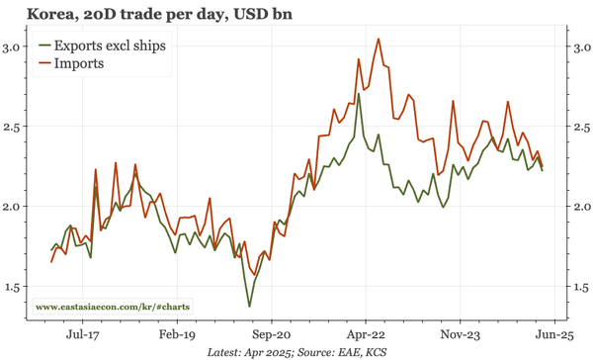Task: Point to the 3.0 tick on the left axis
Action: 15,47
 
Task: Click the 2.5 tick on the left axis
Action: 15,127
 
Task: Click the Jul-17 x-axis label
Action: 86,334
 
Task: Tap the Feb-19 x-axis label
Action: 179,334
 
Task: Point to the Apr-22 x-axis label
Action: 366,334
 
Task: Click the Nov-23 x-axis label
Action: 459,334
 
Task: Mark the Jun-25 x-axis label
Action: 551,334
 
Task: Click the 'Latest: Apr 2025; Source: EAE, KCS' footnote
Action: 296,352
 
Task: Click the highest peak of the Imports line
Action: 380,39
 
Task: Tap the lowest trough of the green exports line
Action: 249,306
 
